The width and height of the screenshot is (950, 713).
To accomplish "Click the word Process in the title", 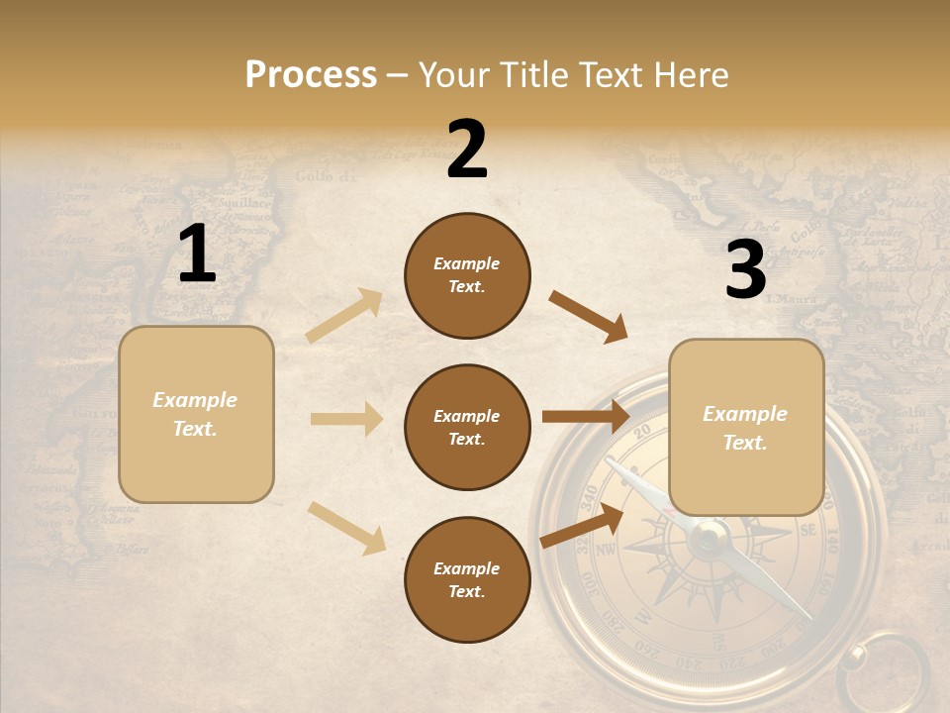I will tap(311, 74).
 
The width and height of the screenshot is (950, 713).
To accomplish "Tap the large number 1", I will tap(197, 254).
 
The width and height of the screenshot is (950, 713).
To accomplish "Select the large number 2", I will tap(467, 150).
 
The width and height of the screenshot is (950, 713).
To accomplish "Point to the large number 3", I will tap(745, 269).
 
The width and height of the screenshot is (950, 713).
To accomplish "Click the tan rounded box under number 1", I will tap(196, 414).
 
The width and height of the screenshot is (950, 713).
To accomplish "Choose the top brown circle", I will tap(467, 275).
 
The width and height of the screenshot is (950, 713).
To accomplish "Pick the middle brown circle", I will tap(467, 428).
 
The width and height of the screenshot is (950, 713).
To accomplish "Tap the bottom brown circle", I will tap(467, 580).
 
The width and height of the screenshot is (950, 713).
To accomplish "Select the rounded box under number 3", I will tap(746, 428).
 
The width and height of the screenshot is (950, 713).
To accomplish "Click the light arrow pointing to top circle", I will tap(344, 315).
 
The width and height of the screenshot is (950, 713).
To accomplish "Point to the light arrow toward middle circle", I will tap(346, 419).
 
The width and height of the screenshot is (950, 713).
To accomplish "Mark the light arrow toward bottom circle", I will tap(346, 527).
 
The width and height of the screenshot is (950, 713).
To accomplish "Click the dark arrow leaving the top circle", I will tap(588, 317).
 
